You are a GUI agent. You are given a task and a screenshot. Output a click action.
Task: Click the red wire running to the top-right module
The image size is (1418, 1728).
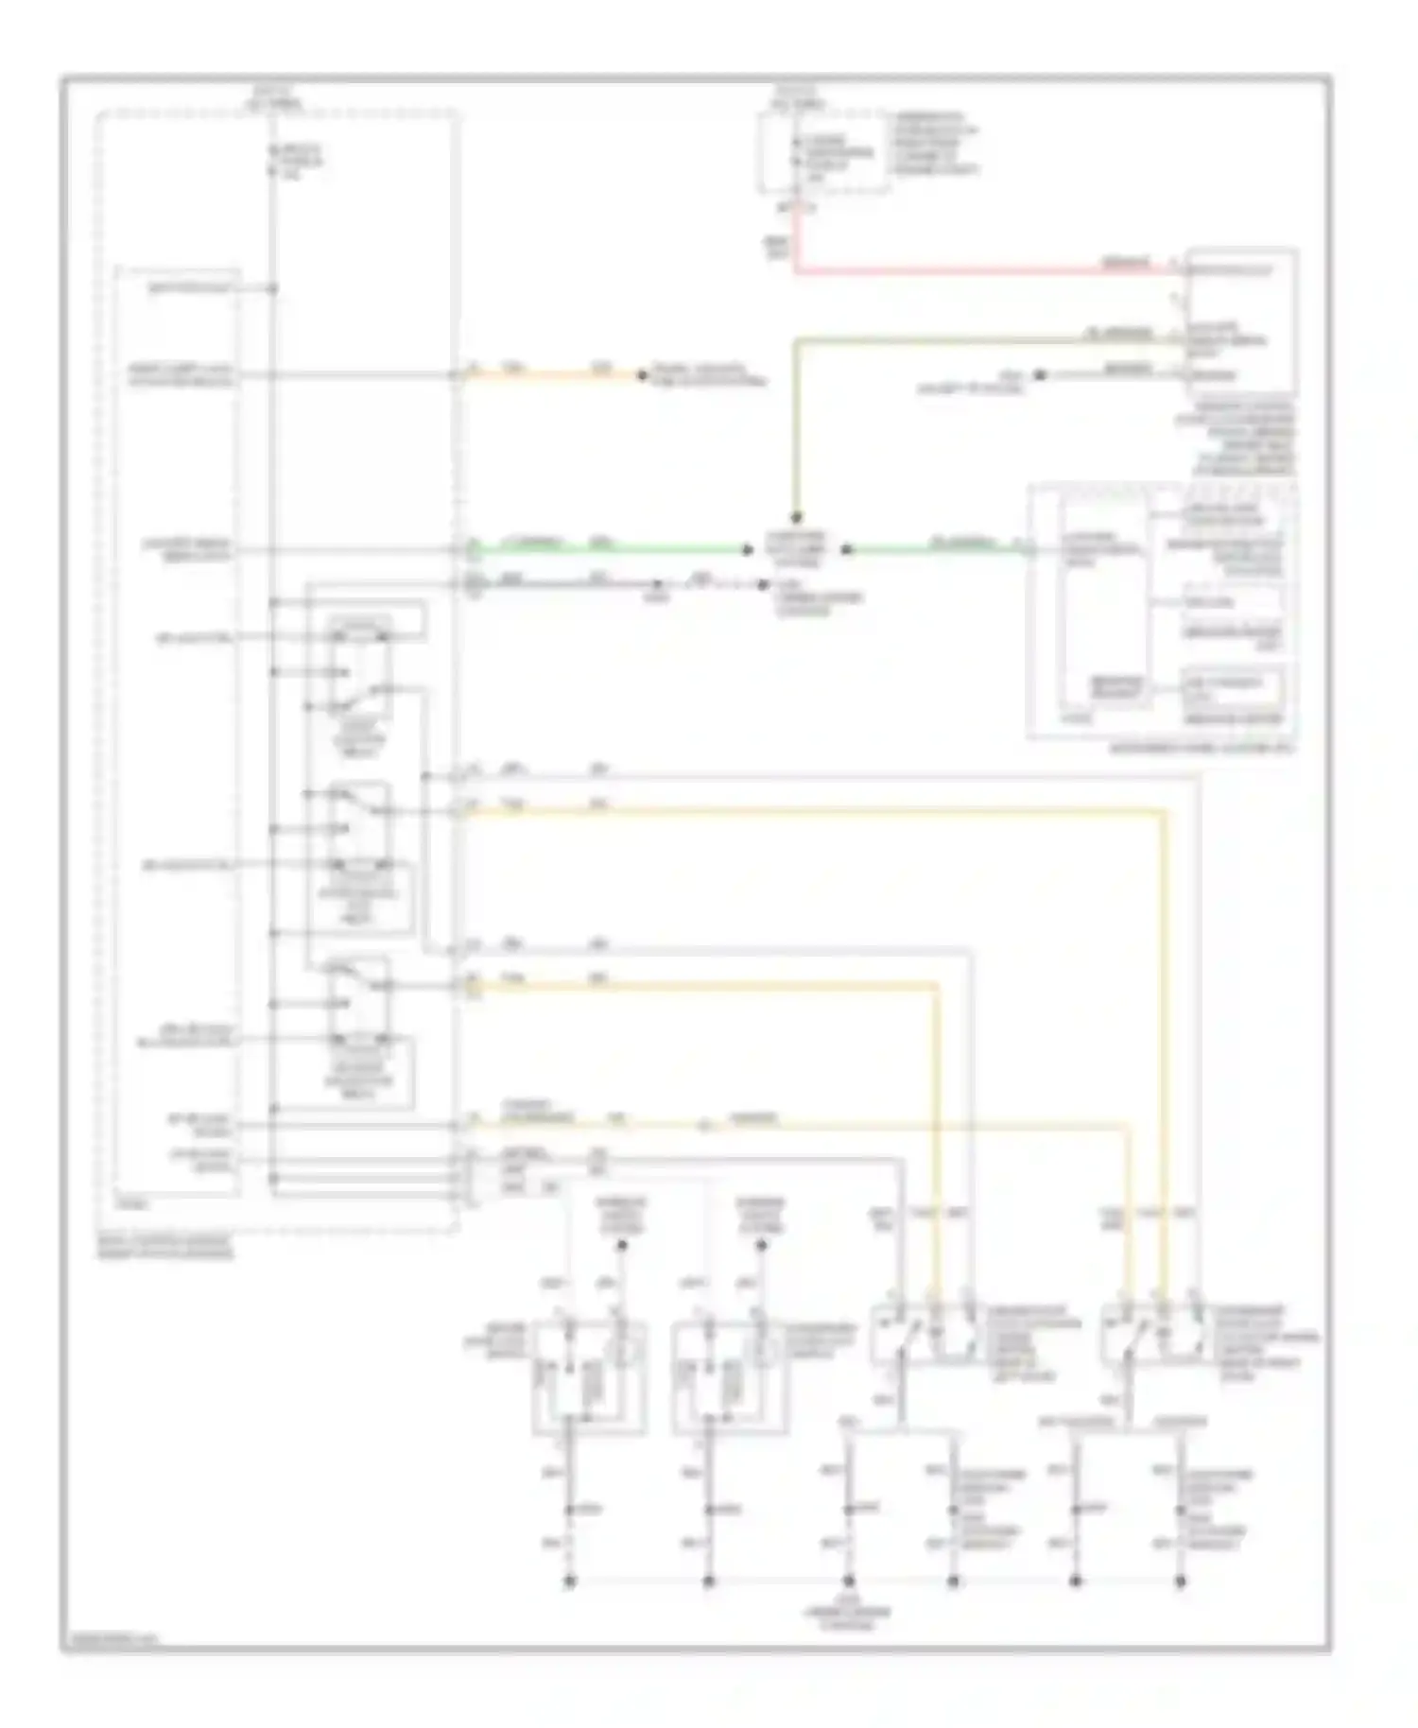(983, 272)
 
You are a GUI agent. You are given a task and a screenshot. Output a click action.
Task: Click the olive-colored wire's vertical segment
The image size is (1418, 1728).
(797, 425)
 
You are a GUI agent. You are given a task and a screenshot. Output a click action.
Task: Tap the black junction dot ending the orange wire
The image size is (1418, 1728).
(642, 375)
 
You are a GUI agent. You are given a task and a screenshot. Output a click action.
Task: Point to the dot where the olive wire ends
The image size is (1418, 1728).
(796, 518)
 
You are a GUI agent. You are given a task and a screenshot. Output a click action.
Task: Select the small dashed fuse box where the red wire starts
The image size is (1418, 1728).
(822, 151)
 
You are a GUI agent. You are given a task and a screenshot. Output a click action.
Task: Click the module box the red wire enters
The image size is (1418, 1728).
(1242, 321)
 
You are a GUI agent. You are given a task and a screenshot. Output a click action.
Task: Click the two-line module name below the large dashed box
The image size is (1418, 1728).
(165, 1250)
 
